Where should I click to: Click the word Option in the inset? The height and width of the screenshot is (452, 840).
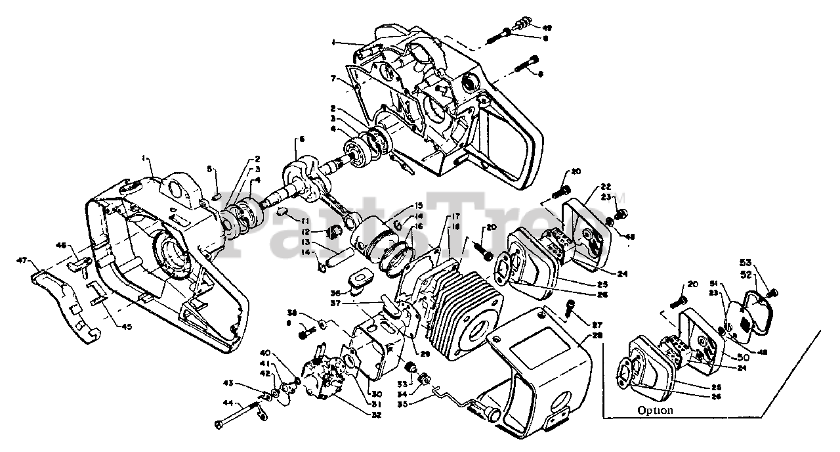point(654,411)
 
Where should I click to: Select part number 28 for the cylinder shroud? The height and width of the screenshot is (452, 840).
point(597,335)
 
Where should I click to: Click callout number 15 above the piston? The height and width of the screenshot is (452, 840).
point(418,206)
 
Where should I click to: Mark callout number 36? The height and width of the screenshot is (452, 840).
point(336,293)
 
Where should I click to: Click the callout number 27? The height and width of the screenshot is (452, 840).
point(597,324)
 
